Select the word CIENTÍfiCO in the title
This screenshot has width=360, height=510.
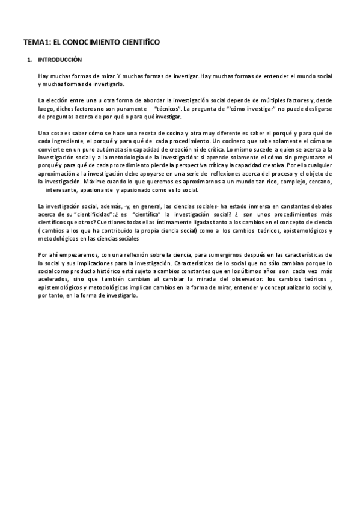point(139,43)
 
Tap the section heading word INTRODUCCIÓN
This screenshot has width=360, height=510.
point(59,60)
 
